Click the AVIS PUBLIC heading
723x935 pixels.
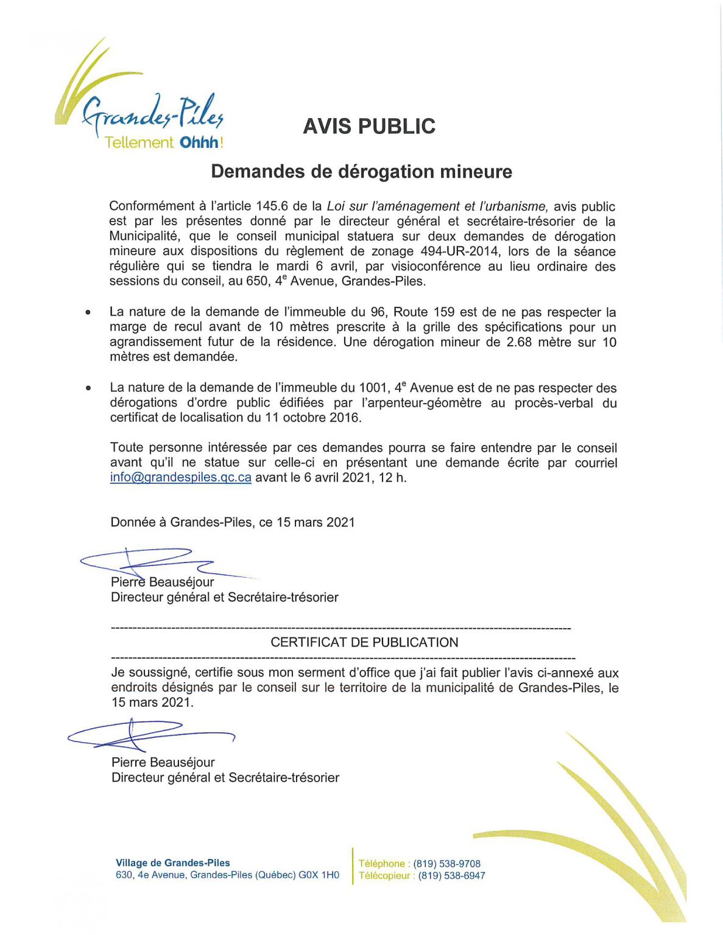pos(369,126)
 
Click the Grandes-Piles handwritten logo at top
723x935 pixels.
pos(152,113)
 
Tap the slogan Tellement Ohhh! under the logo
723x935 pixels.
pos(163,142)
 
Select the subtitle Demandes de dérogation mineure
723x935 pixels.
pos(361,172)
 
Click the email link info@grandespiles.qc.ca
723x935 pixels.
pos(180,477)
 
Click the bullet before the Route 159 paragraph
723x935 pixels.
pos(88,312)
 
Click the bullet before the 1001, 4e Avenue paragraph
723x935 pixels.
pos(88,388)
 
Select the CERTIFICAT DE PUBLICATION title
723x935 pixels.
pos(364,642)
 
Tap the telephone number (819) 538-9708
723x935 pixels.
pos(446,864)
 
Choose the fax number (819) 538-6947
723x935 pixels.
pos(451,876)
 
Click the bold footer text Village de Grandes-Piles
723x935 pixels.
pos(173,863)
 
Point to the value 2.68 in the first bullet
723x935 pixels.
pos(519,342)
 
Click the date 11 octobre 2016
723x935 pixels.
pos(312,418)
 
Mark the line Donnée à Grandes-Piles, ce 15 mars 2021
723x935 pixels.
pos(232,522)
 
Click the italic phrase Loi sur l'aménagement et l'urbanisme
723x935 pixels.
pos(438,206)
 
